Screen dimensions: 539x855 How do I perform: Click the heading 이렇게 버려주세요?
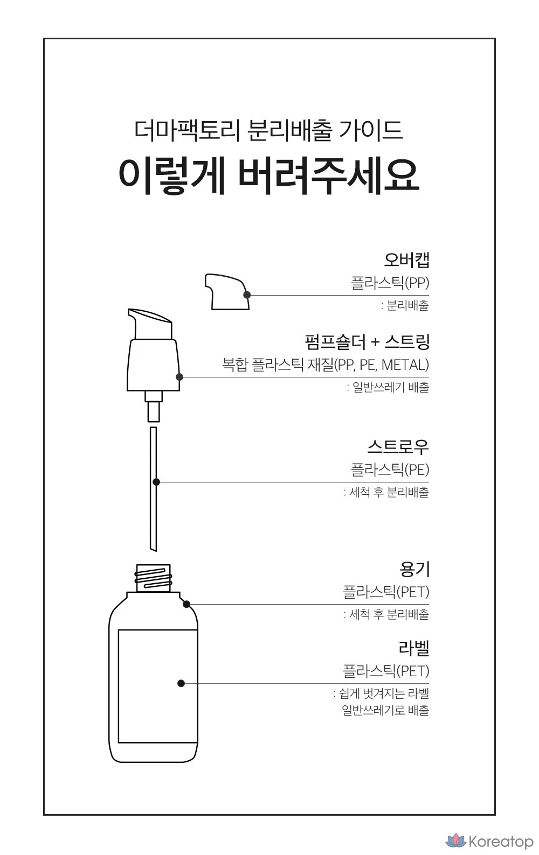click(x=269, y=176)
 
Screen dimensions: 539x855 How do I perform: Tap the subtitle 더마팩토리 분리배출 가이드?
click(x=268, y=130)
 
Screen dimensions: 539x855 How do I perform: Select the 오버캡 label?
click(x=406, y=260)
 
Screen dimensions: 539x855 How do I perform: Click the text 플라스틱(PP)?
click(x=390, y=283)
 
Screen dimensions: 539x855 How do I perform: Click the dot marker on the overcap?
click(x=247, y=295)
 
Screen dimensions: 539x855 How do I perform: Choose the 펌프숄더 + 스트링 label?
click(x=367, y=341)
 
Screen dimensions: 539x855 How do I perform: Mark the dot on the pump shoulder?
click(x=179, y=377)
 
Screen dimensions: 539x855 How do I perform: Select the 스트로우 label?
click(x=398, y=446)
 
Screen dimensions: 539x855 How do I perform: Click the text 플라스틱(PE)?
click(x=390, y=469)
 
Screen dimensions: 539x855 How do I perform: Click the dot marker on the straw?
click(x=156, y=482)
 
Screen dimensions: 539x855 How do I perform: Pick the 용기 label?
click(x=414, y=569)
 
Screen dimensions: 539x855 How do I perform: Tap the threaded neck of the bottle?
click(x=153, y=578)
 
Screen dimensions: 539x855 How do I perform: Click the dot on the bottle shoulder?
click(x=186, y=604)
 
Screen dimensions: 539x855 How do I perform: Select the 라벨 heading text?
click(x=414, y=648)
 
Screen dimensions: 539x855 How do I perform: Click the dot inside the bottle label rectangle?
click(x=181, y=683)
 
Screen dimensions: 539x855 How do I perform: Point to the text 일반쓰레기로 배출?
click(x=385, y=710)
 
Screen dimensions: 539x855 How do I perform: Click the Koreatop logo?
click(x=489, y=841)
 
